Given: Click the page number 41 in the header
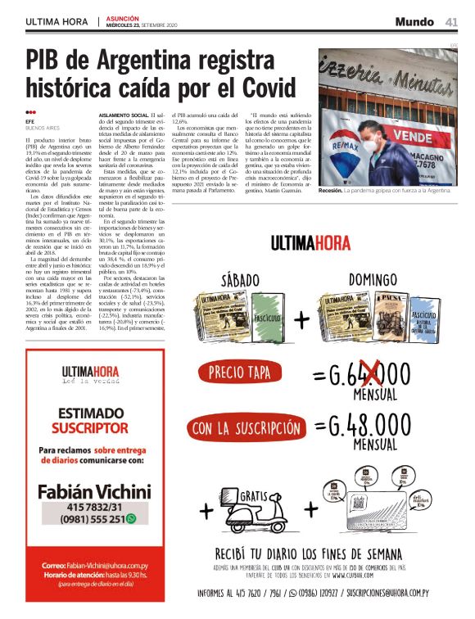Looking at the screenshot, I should tap(451, 21).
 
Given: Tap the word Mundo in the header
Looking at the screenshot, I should tap(414, 21).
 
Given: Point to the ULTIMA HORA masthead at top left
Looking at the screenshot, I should tap(57, 21).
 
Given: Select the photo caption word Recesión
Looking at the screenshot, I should tap(331, 190).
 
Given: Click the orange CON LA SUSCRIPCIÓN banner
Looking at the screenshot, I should tap(246, 427).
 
